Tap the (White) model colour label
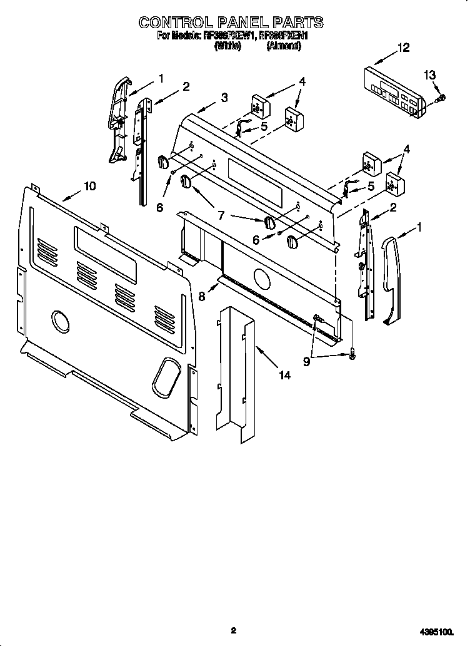(227, 46)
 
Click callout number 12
(404, 48)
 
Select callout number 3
(224, 97)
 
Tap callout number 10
(90, 186)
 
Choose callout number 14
(284, 376)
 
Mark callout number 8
(202, 297)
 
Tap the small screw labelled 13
(442, 97)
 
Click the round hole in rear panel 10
(61, 321)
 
